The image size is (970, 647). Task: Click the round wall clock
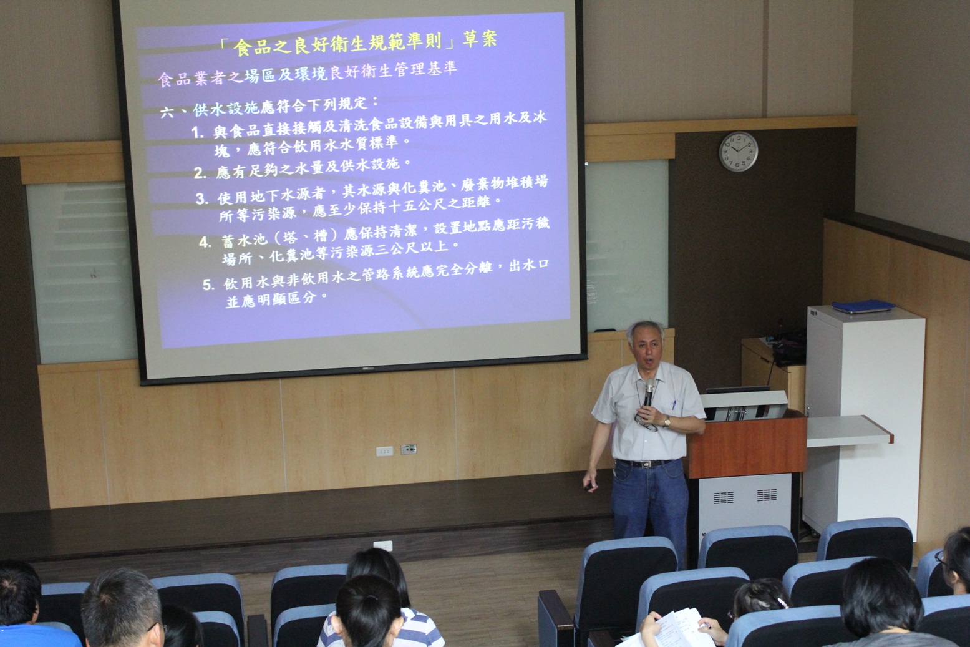pyautogui.click(x=739, y=152)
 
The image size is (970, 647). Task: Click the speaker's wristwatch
pyautogui.click(x=667, y=422)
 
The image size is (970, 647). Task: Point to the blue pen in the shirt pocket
pyautogui.click(x=674, y=404)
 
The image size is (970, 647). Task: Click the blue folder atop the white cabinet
pyautogui.click(x=863, y=306)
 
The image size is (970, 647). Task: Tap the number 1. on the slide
pyautogui.click(x=198, y=132)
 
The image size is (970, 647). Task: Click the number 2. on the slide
pyautogui.click(x=200, y=173)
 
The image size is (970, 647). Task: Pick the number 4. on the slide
pyautogui.click(x=205, y=242)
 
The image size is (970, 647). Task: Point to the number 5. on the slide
pyautogui.click(x=208, y=285)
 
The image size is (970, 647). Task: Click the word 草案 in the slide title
pyautogui.click(x=480, y=39)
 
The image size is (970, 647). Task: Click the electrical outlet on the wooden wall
pyautogui.click(x=409, y=449)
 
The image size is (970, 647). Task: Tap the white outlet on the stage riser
pyautogui.click(x=382, y=546)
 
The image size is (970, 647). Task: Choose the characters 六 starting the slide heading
pyautogui.click(x=167, y=112)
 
